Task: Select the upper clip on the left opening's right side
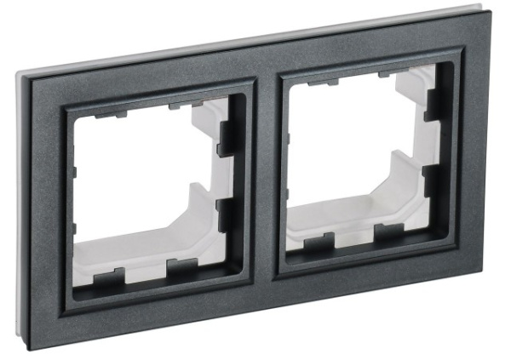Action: click(x=227, y=137)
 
